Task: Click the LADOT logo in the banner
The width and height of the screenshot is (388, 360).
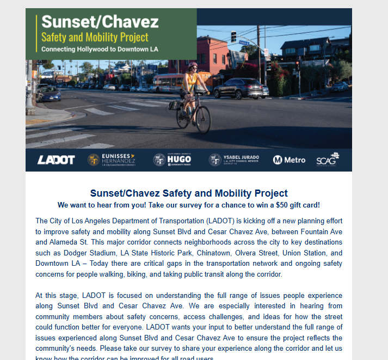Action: [x=56, y=160]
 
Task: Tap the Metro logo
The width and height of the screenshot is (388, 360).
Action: [x=289, y=160]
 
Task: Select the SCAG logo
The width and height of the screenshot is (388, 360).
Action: [x=328, y=160]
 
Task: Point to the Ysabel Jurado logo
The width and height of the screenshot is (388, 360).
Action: [x=234, y=160]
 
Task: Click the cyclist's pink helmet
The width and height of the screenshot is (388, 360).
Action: [x=192, y=65]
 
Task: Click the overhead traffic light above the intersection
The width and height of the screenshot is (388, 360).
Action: [x=233, y=36]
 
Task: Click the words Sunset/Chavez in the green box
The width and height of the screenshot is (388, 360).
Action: [x=100, y=22]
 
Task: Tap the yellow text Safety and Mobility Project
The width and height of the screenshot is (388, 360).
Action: [x=95, y=38]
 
